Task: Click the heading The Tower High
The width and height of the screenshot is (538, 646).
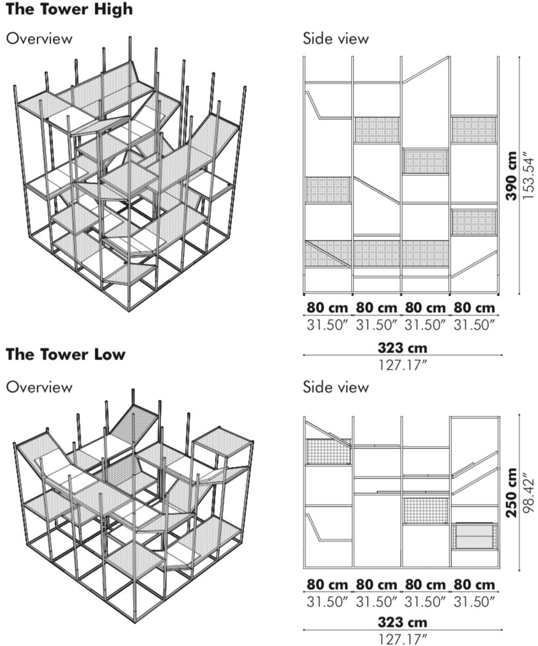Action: [x=69, y=9]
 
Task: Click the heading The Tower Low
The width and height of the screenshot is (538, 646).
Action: [x=65, y=354]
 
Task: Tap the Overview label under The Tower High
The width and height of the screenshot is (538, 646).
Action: [x=39, y=39]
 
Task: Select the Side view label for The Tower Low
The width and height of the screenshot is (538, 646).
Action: [x=336, y=387]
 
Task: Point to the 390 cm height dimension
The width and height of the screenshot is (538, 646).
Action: [x=511, y=176]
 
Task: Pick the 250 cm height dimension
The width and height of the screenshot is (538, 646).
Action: [x=511, y=492]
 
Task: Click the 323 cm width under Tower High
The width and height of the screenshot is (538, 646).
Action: [x=403, y=348]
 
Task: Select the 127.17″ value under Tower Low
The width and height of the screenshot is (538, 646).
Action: [x=403, y=640]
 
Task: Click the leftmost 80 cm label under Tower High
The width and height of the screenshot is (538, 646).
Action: [x=328, y=308]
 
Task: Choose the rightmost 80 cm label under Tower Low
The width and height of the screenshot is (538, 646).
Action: [x=474, y=585]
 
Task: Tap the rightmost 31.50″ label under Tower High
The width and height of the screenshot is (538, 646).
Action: [x=474, y=325]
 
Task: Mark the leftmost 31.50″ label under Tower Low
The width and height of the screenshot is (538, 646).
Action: [x=328, y=602]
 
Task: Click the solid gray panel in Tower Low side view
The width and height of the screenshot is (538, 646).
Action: [x=475, y=536]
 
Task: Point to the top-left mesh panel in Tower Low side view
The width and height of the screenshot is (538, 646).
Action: [x=328, y=452]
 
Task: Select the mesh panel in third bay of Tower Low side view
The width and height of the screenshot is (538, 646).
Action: [x=426, y=510]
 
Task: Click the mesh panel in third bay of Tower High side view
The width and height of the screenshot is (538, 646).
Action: [x=426, y=161]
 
